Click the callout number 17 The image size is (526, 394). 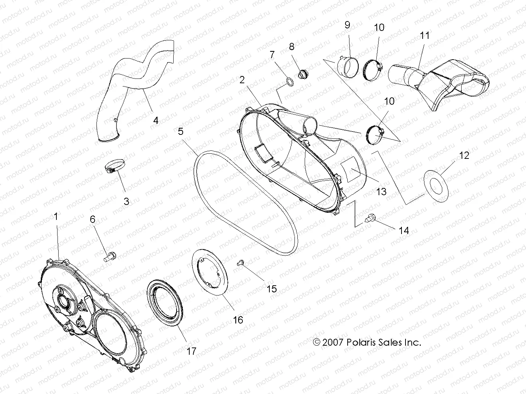point(191,351)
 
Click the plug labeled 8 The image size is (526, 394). point(301,75)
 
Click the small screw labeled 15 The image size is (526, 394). point(240,262)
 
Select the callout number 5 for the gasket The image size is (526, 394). point(181,131)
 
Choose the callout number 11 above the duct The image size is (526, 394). point(424,36)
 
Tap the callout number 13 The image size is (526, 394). point(381,191)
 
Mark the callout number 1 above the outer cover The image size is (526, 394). point(56,217)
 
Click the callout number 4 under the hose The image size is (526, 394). point(156,120)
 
